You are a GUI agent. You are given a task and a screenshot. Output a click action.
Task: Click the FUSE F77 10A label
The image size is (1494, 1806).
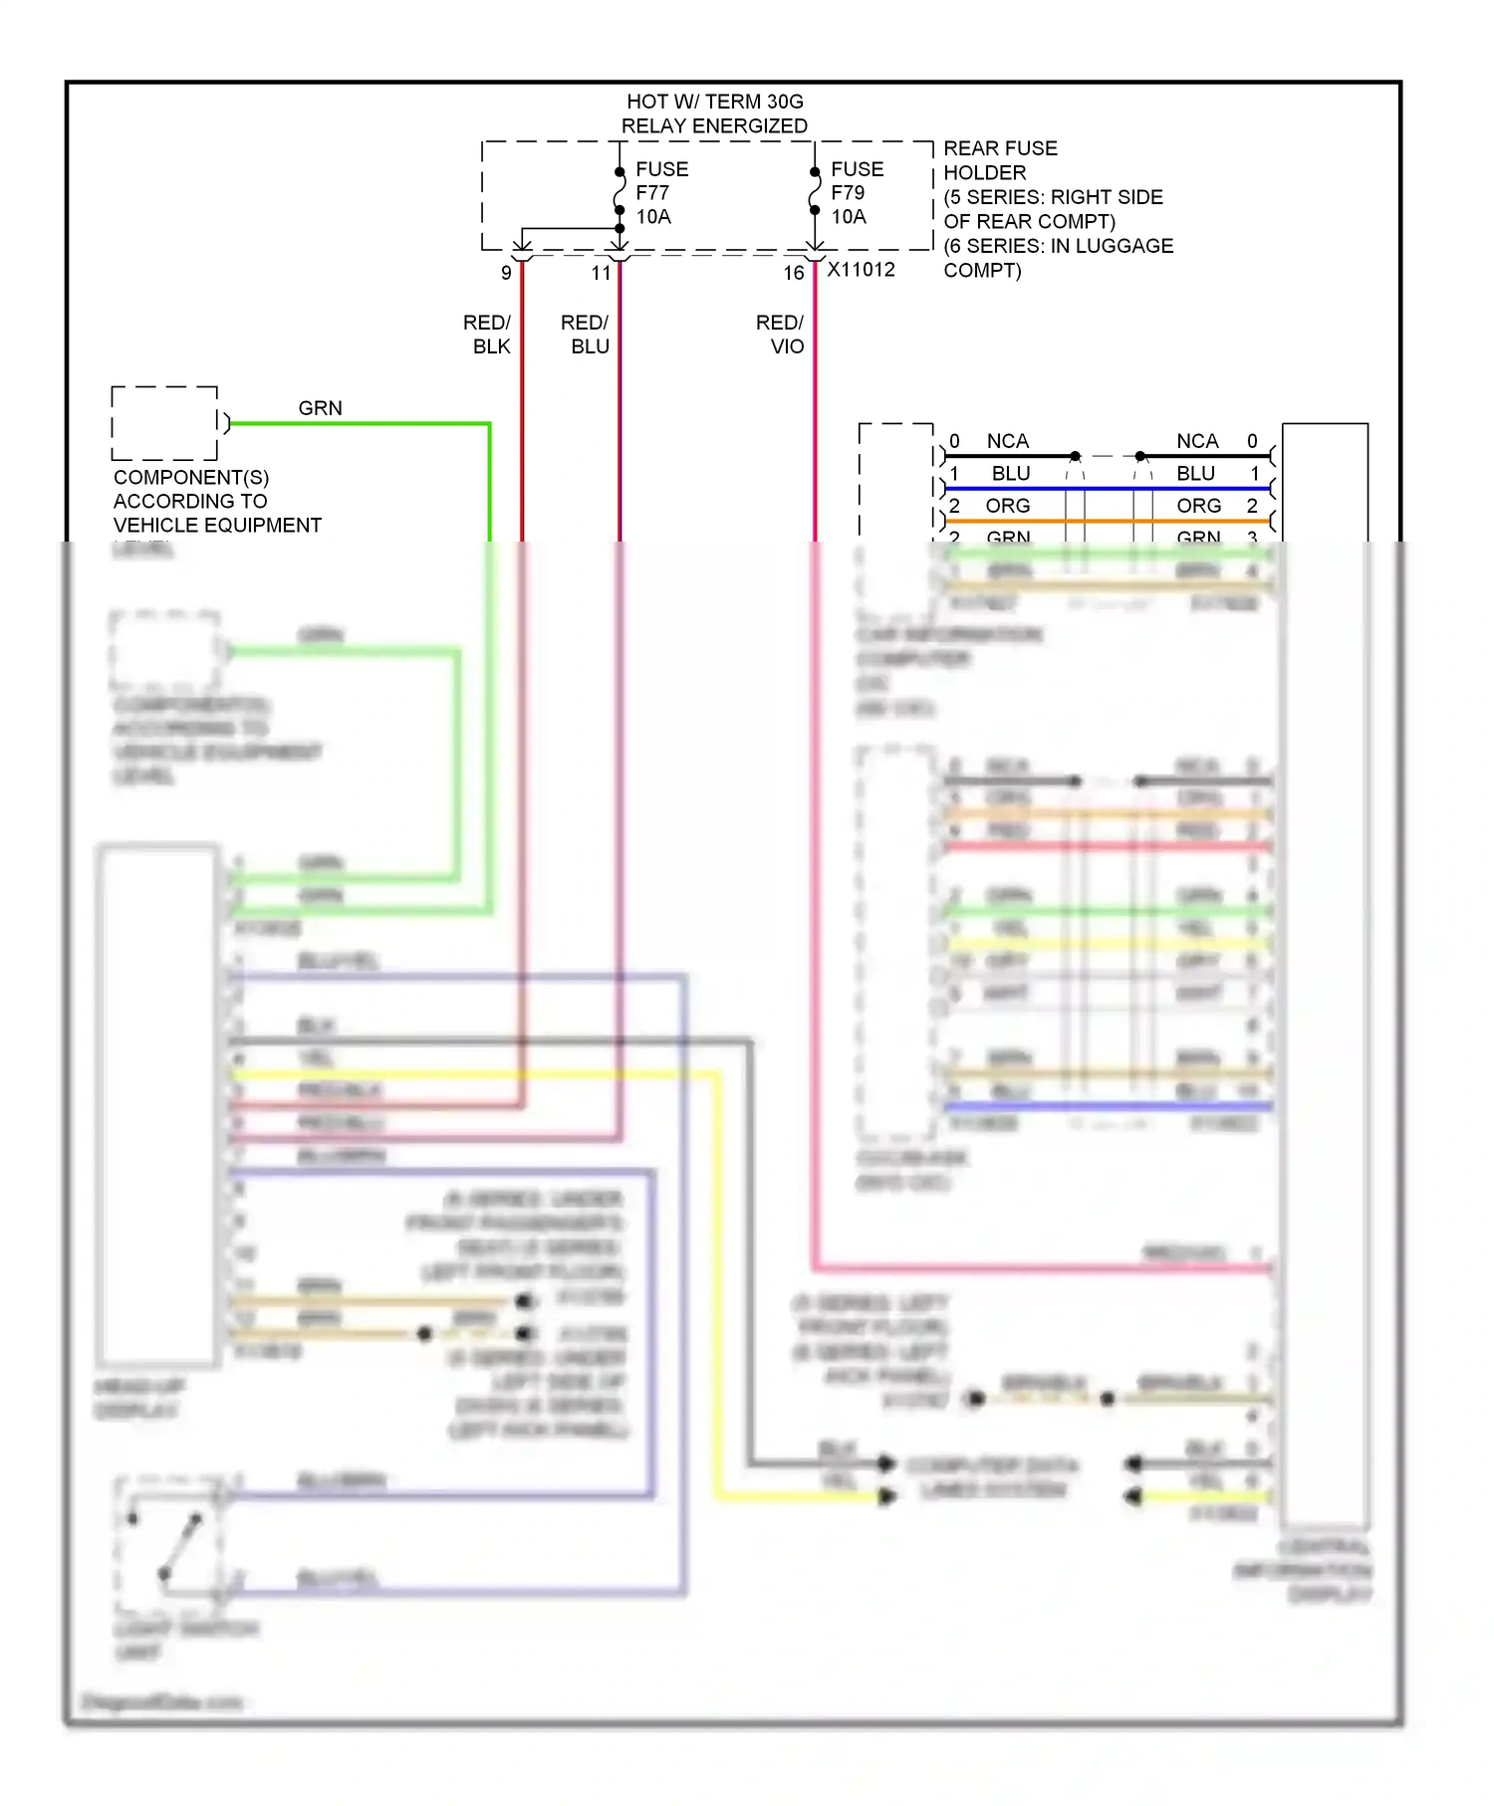tap(661, 193)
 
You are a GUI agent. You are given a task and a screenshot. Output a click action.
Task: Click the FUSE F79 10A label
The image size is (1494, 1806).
tap(857, 193)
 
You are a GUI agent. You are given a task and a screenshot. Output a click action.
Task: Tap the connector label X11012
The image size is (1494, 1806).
tap(862, 270)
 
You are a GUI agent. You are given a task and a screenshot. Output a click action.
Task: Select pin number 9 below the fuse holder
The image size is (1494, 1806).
tap(506, 273)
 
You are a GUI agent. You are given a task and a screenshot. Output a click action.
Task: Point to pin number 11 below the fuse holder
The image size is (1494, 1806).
tap(601, 273)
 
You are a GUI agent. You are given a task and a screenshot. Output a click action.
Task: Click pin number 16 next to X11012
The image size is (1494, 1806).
tap(793, 273)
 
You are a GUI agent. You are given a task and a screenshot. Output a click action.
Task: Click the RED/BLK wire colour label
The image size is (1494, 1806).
tap(487, 335)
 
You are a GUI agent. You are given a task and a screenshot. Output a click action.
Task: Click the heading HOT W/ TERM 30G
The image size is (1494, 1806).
tap(714, 102)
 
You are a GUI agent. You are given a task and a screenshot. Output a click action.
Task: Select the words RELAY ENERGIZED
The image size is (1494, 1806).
tap(714, 126)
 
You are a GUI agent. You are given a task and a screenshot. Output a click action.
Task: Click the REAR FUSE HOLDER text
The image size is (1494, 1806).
tap(1000, 160)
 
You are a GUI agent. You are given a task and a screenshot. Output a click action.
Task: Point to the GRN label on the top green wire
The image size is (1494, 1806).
tap(320, 408)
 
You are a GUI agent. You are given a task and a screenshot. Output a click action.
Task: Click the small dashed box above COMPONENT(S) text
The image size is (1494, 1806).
tap(164, 423)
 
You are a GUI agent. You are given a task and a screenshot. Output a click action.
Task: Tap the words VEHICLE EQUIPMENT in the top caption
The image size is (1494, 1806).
tap(217, 525)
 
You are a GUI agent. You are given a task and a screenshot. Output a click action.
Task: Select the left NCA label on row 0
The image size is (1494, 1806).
tap(1007, 441)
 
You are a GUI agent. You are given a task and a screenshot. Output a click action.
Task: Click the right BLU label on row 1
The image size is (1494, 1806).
tap(1195, 473)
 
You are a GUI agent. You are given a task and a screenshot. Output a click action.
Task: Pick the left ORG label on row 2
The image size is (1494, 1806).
tap(1007, 506)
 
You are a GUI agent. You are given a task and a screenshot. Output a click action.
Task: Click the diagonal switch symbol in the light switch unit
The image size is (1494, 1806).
tap(180, 1546)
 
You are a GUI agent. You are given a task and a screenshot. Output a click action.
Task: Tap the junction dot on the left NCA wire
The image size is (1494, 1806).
tap(1075, 456)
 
